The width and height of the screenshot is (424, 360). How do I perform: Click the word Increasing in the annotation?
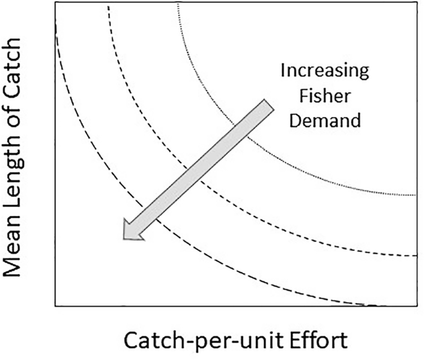point(324,71)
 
